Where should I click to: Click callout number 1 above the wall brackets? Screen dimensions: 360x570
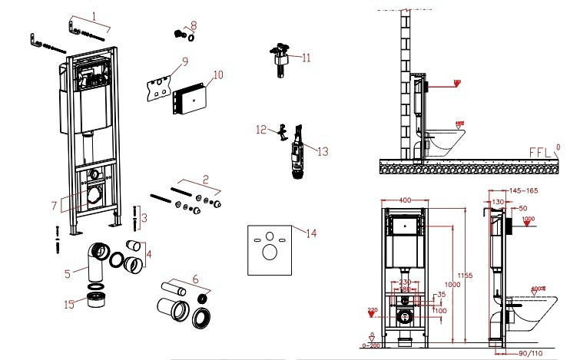pyautogui.click(x=94, y=15)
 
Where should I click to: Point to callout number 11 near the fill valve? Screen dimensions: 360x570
pyautogui.click(x=306, y=57)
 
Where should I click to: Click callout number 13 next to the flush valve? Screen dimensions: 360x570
pyautogui.click(x=322, y=151)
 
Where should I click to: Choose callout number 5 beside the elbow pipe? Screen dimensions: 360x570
pyautogui.click(x=67, y=272)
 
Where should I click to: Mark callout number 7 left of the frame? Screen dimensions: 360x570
pyautogui.click(x=55, y=206)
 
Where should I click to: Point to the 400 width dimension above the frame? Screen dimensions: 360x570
pyautogui.click(x=404, y=200)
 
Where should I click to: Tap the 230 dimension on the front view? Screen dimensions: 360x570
pyautogui.click(x=404, y=281)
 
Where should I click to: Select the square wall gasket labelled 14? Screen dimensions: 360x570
pyautogui.click(x=271, y=250)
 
